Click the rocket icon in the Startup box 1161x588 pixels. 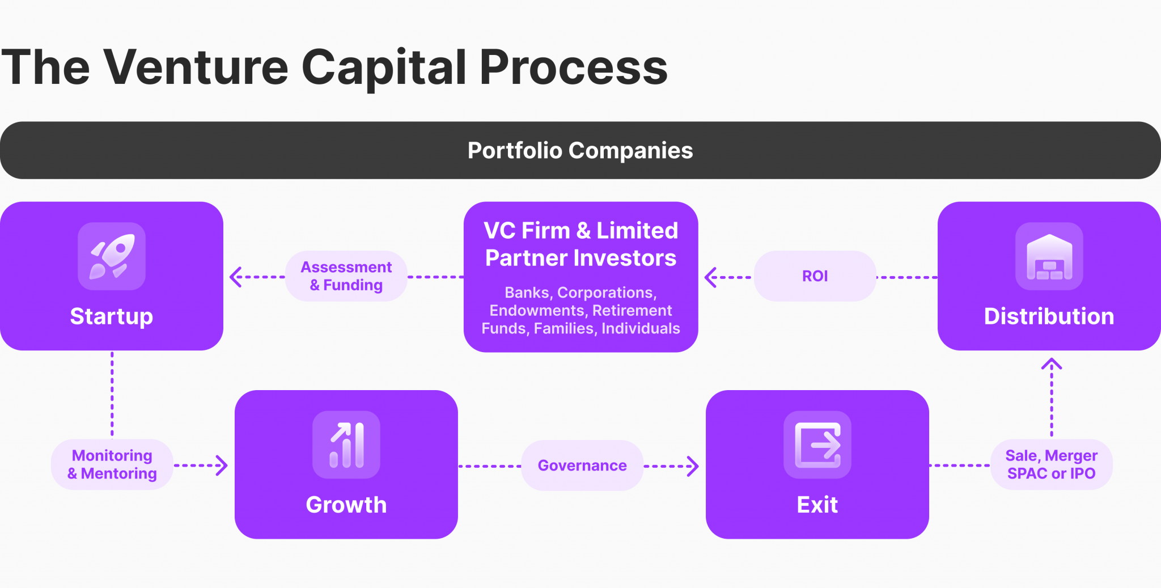pos(112,256)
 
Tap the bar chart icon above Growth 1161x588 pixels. pos(346,445)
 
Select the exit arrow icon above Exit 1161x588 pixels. pos(817,445)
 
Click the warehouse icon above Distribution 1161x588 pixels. pos(1049,256)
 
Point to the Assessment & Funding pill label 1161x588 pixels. pos(346,276)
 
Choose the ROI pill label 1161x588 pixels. pos(815,276)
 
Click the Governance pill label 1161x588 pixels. pos(582,466)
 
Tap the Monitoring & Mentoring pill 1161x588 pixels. pos(112,464)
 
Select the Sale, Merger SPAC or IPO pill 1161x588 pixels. pos(1051,464)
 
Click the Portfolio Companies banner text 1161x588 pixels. pos(580,151)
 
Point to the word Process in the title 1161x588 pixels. pos(573,67)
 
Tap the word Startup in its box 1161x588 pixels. pos(112,316)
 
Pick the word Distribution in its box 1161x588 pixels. pos(1049,316)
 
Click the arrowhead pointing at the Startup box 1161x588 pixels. pos(235,277)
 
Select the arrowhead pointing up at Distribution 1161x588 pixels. pos(1052,363)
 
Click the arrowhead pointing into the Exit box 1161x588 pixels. pos(694,466)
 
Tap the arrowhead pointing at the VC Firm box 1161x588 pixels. pos(710,277)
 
